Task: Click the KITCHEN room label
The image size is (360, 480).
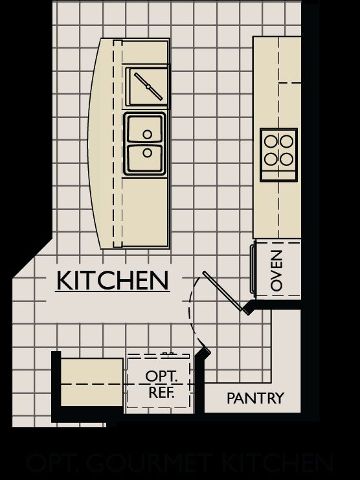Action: point(113,280)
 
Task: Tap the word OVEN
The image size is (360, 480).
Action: point(277,270)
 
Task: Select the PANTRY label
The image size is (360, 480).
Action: point(255,398)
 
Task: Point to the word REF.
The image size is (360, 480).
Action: point(160,391)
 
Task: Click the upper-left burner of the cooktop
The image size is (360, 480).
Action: point(271,140)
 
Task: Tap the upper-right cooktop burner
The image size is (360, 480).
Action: point(286,140)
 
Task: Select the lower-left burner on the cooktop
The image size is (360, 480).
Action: point(271,157)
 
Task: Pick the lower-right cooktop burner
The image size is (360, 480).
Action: point(286,157)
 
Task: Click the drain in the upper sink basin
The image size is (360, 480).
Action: point(148,135)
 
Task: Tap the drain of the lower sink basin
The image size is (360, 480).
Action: point(148,153)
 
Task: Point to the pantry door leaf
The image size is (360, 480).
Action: point(223,291)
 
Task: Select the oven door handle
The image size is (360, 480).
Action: point(253,268)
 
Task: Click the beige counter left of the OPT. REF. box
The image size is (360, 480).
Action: point(91,382)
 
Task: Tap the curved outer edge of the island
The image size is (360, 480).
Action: point(91,143)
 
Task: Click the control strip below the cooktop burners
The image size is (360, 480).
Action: point(279,174)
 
